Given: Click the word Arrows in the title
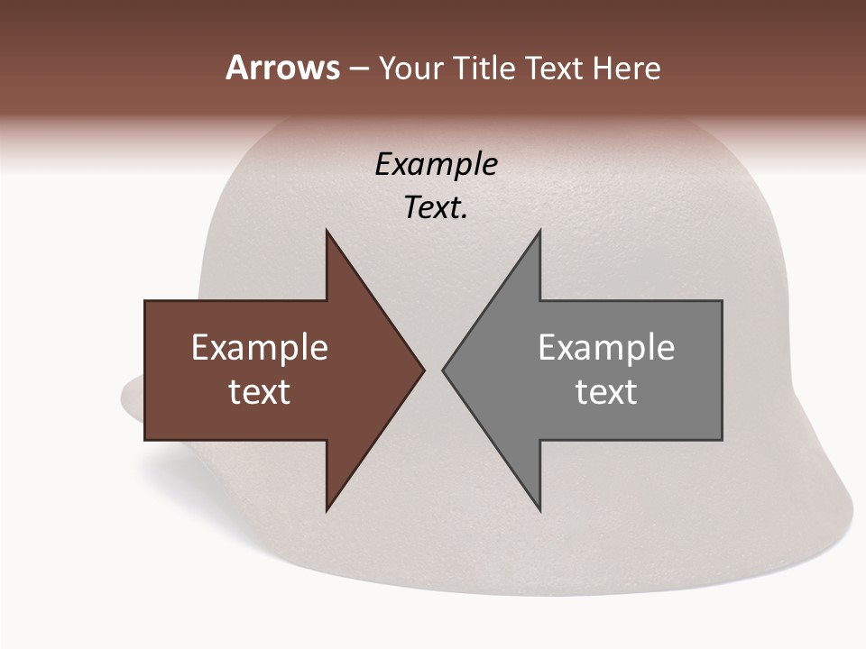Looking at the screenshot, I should click(x=282, y=68).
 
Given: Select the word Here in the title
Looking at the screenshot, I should click(x=626, y=68).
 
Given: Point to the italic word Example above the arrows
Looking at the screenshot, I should click(x=437, y=164).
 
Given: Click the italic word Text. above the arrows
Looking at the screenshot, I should click(x=437, y=208).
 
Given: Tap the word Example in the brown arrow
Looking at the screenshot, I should click(x=260, y=347).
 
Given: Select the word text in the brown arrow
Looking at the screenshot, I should click(x=260, y=392).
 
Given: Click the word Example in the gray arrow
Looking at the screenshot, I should click(x=606, y=347).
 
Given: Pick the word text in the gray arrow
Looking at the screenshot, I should click(x=606, y=392).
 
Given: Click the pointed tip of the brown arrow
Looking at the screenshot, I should click(x=423, y=370).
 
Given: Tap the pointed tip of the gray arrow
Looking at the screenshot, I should click(x=444, y=370).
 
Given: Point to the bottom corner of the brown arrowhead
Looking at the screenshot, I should click(x=327, y=509).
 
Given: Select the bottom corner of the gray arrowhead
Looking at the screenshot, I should click(x=539, y=509).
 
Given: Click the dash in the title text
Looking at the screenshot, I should click(x=358, y=69).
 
